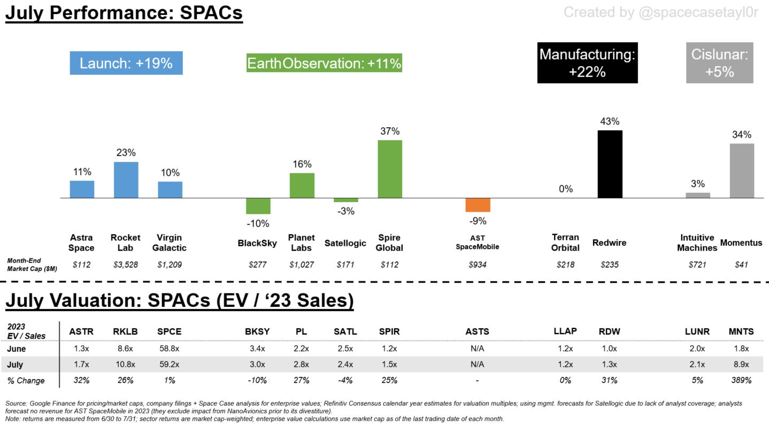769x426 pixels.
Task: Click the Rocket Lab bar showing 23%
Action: tap(126, 180)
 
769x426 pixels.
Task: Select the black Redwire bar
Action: tap(610, 164)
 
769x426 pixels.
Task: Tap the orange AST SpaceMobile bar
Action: tap(478, 205)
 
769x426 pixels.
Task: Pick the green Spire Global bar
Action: tap(390, 169)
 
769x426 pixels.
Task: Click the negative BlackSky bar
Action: tap(258, 206)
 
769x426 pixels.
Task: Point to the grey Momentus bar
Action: tap(742, 171)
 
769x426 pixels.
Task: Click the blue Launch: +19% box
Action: tap(126, 63)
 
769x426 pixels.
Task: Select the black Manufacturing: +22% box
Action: tap(587, 63)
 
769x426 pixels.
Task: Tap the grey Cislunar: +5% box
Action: tap(719, 63)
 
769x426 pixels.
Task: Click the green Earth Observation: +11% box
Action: tap(324, 64)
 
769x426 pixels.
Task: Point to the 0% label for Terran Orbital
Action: tap(566, 189)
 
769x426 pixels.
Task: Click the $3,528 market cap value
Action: tap(126, 265)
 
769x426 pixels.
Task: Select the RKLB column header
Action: tap(126, 331)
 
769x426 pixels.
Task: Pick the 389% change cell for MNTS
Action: tap(741, 381)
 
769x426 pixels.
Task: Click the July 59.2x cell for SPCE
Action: tap(170, 365)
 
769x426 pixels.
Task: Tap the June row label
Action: tap(17, 348)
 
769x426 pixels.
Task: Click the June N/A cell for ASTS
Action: tap(477, 348)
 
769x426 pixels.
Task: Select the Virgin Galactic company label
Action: tap(170, 243)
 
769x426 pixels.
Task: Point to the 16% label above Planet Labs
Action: tap(302, 164)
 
